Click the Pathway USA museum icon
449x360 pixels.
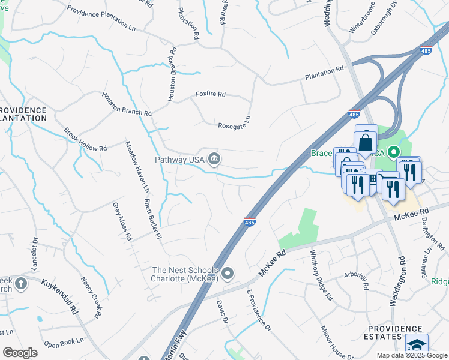214,159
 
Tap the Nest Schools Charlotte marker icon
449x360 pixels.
228,275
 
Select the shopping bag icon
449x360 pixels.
365,143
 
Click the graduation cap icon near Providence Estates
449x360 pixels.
416,346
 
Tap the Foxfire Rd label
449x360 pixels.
210,94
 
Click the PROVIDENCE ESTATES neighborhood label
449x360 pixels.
393,332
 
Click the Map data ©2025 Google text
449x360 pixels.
412,355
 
